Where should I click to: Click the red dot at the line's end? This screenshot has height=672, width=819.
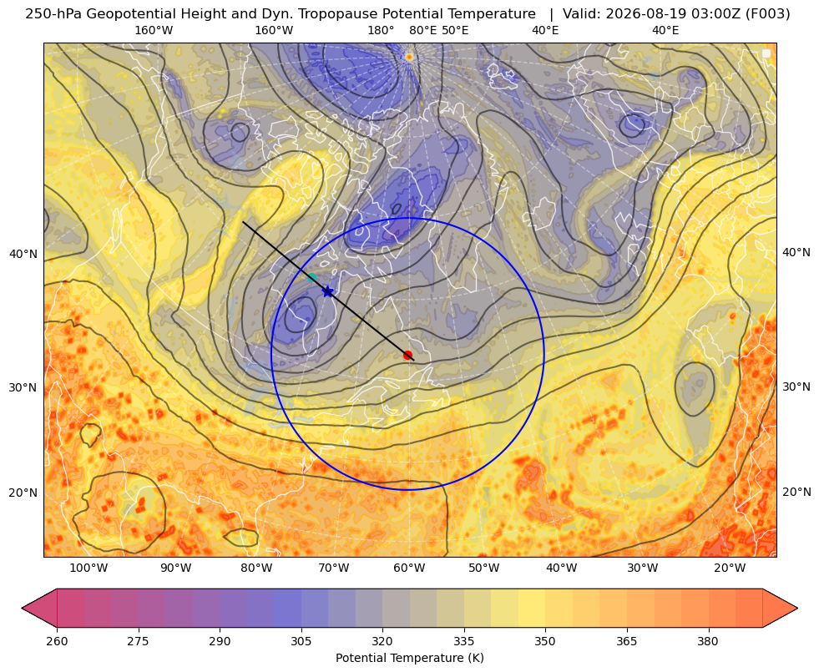(x=408, y=355)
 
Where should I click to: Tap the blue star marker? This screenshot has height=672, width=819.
(x=327, y=291)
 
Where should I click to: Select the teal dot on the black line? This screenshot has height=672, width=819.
(x=312, y=277)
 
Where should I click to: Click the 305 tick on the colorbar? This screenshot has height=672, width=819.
(x=301, y=641)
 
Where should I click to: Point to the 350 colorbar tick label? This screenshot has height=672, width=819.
(x=545, y=641)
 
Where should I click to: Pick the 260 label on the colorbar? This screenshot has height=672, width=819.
(x=57, y=641)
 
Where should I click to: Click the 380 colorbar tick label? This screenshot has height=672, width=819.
(x=708, y=641)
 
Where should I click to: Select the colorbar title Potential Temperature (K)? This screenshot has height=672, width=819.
(x=409, y=658)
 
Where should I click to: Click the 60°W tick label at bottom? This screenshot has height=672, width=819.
(x=408, y=568)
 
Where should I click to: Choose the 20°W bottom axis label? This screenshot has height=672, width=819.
(x=730, y=568)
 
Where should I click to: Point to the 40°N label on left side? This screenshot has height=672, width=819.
(x=23, y=255)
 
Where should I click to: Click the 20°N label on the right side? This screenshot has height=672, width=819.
(x=796, y=492)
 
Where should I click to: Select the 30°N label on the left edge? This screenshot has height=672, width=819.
(x=23, y=388)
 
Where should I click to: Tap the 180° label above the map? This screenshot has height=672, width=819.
(x=381, y=30)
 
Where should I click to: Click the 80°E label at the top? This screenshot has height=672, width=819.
(x=422, y=30)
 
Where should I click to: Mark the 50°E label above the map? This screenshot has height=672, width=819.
(x=455, y=30)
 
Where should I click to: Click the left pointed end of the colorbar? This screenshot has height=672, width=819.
(x=22, y=608)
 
